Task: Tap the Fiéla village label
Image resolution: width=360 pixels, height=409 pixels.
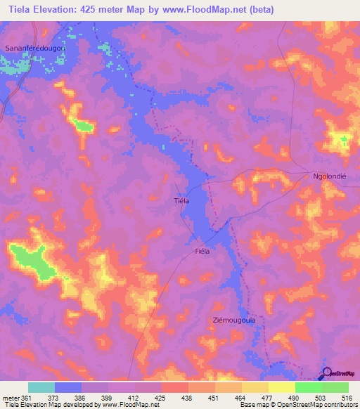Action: point(202,250)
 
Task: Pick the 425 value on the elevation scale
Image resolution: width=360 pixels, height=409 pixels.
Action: point(161,396)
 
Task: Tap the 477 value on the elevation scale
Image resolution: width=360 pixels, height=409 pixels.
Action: point(268,396)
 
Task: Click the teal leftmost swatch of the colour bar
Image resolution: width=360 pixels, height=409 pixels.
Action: point(41,387)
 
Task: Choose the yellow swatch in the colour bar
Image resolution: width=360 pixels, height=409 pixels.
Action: point(281,387)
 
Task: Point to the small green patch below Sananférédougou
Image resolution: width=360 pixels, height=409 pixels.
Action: point(84,126)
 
